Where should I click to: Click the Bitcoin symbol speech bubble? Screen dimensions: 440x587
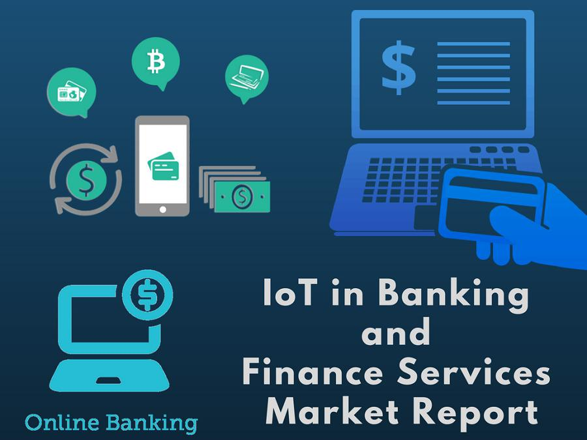(x=155, y=62)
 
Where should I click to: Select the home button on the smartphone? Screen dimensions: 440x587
(x=162, y=209)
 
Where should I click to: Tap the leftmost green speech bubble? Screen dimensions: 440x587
(x=71, y=92)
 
